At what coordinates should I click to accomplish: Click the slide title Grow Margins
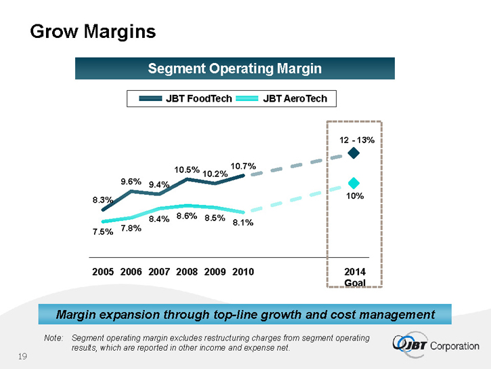tap(93, 31)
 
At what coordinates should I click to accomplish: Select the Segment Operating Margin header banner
tap(234, 69)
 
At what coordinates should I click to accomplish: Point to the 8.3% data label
tap(102, 200)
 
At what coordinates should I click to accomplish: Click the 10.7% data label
tap(243, 166)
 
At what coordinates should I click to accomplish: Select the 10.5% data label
tap(186, 170)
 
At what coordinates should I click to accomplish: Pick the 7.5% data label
tap(102, 232)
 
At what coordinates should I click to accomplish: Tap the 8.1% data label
tap(243, 222)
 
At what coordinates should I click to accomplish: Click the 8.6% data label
tap(186, 216)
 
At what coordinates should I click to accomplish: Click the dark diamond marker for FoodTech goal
tap(353, 153)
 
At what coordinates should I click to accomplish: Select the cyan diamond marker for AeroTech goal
tap(353, 183)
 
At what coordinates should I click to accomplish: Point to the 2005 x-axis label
tap(102, 272)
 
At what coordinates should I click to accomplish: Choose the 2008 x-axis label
tap(186, 272)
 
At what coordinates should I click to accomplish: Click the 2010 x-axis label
tap(243, 272)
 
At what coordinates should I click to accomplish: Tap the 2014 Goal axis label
tap(355, 277)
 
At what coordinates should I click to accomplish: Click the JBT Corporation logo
tap(435, 345)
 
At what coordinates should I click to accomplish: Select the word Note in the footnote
tap(53, 338)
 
